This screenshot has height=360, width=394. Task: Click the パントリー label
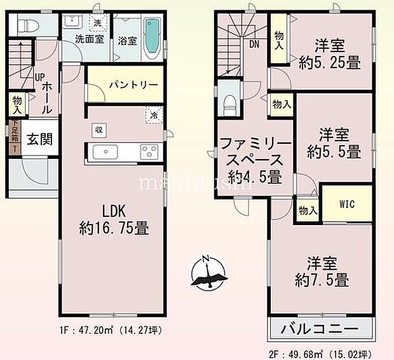click(x=123, y=84)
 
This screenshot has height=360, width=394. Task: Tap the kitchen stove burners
click(x=149, y=153)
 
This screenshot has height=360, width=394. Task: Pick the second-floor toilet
click(x=229, y=104)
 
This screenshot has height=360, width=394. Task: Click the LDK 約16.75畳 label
click(x=111, y=219)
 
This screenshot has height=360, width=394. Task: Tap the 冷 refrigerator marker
click(x=154, y=116)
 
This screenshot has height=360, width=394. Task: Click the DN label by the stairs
click(x=254, y=44)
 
